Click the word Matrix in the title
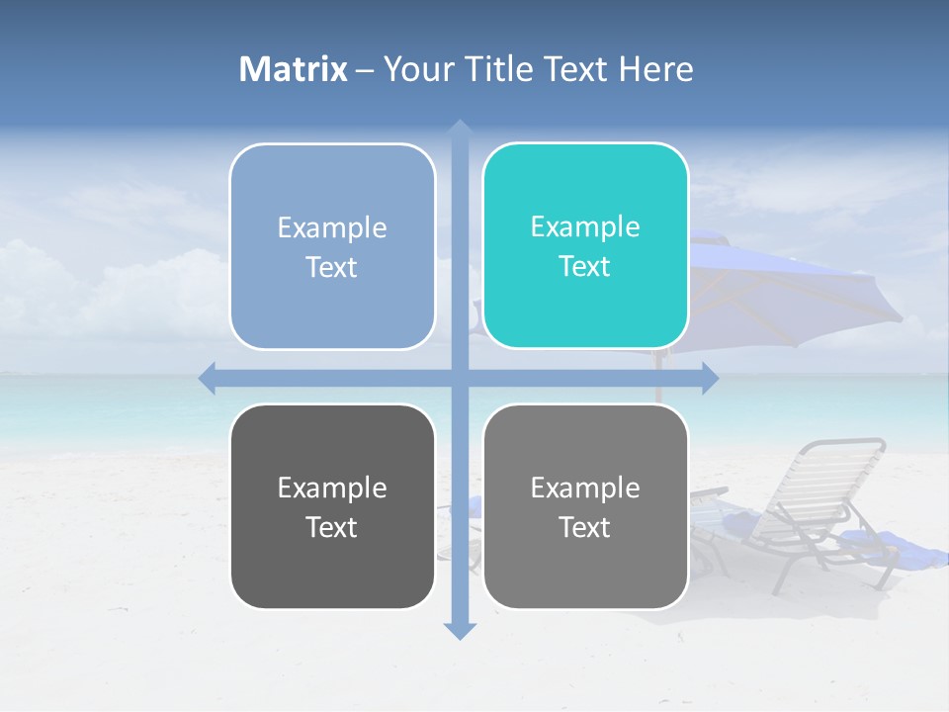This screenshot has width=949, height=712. click(294, 69)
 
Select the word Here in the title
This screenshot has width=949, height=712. click(655, 69)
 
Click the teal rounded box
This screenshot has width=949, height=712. click(585, 245)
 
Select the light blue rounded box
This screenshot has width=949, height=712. click(332, 246)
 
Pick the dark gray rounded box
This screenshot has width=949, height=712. click(332, 506)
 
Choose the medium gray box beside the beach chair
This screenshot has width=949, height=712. click(585, 506)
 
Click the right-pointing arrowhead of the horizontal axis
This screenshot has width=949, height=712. click(709, 378)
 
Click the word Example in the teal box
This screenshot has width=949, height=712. click(585, 226)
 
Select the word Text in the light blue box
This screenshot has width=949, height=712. click(332, 267)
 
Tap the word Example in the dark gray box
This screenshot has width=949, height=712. click(332, 488)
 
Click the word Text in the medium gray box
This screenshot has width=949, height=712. click(585, 527)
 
